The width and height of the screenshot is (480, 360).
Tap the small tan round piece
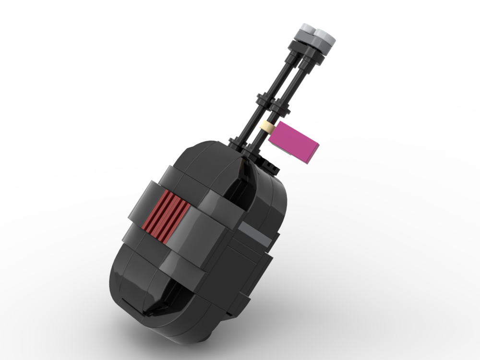(267, 128)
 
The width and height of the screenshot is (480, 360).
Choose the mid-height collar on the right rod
(280, 107)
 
